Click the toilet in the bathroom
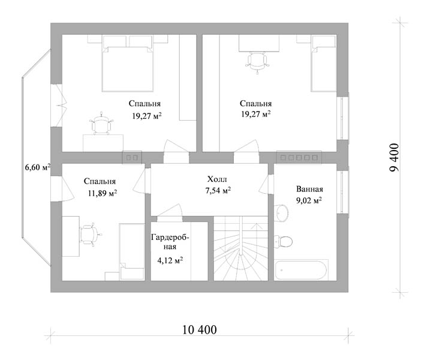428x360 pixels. pyautogui.click(x=284, y=241)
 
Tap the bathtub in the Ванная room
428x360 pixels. pyautogui.click(x=300, y=270)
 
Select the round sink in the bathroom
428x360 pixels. pyautogui.click(x=281, y=212)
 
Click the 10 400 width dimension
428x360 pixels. pyautogui.click(x=200, y=329)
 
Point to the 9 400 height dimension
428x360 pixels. pyautogui.click(x=394, y=158)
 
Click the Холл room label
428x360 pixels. pyautogui.click(x=217, y=179)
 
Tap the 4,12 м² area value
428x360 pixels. pyautogui.click(x=170, y=260)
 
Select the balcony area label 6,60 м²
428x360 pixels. pyautogui.click(x=38, y=167)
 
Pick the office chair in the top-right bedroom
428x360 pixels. pyautogui.click(x=257, y=63)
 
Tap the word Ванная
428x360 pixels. pyautogui.click(x=309, y=189)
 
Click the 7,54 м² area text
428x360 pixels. pyautogui.click(x=218, y=190)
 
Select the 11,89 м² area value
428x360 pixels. pyautogui.click(x=103, y=193)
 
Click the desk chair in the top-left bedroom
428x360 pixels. pyautogui.click(x=101, y=124)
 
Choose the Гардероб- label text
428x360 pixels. pyautogui.click(x=170, y=238)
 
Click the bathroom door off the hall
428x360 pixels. pyautogui.click(x=266, y=184)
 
